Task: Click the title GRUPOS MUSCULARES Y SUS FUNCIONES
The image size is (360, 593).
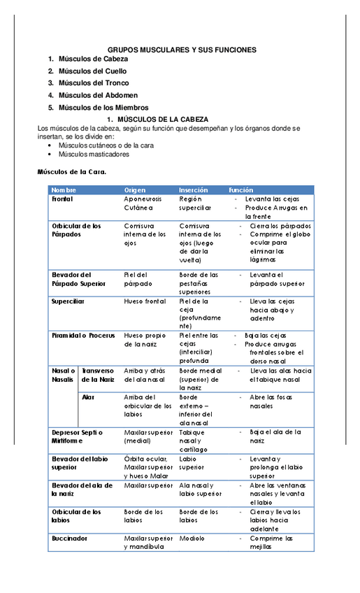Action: pos(182,50)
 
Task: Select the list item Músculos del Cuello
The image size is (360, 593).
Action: pos(93,71)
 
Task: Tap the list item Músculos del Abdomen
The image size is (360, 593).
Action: pos(98,95)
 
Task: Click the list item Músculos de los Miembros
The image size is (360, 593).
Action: pos(103,108)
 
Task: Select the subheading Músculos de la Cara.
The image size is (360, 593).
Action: pos(71,171)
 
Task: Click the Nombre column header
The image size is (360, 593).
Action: pos(64,190)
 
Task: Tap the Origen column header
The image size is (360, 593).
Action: pos(135,190)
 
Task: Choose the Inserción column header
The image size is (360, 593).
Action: pos(193,190)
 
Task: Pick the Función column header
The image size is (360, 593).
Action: pos(241,190)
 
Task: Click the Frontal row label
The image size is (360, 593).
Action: pos(63,199)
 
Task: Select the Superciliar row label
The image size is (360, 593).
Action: pos(68,301)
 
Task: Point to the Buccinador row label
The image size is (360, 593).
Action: pos(69,538)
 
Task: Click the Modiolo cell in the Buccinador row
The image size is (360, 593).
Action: pos(192,538)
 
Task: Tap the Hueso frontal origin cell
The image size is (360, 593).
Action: pos(145,301)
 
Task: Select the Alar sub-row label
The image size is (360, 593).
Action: pos(88,396)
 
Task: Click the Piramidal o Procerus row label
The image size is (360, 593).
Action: pos(82,336)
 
